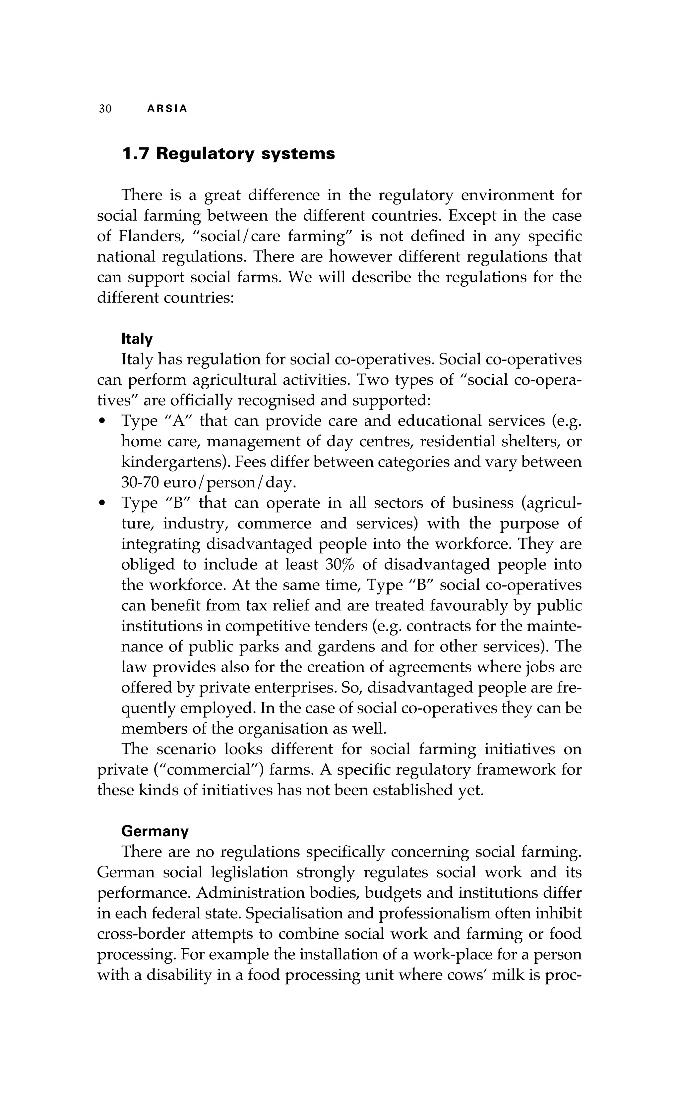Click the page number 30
point(105,109)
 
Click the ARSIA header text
point(167,109)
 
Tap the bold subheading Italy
point(137,339)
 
